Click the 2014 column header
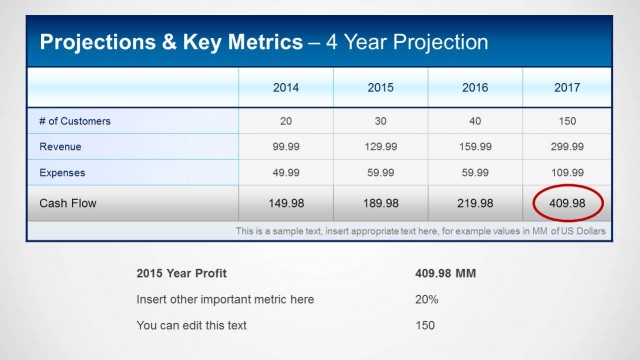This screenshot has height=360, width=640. click(286, 87)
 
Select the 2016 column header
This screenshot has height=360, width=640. click(475, 87)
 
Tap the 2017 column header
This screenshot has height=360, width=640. click(567, 87)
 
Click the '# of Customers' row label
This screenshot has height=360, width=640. click(75, 121)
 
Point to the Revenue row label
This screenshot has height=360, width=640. click(60, 147)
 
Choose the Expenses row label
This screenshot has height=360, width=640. click(62, 173)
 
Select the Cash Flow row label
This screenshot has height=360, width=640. click(69, 203)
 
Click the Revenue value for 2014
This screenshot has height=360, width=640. click(286, 147)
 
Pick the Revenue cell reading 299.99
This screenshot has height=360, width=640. click(567, 147)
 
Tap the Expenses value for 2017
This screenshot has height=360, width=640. click(567, 173)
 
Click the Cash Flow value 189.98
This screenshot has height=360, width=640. click(380, 203)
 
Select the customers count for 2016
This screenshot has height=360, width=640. click(475, 121)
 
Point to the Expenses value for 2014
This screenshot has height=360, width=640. click(286, 173)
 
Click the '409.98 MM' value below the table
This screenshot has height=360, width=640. click(445, 273)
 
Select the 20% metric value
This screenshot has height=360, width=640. click(426, 299)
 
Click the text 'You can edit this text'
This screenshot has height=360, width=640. click(191, 325)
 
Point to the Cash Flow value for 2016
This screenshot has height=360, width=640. click(475, 203)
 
